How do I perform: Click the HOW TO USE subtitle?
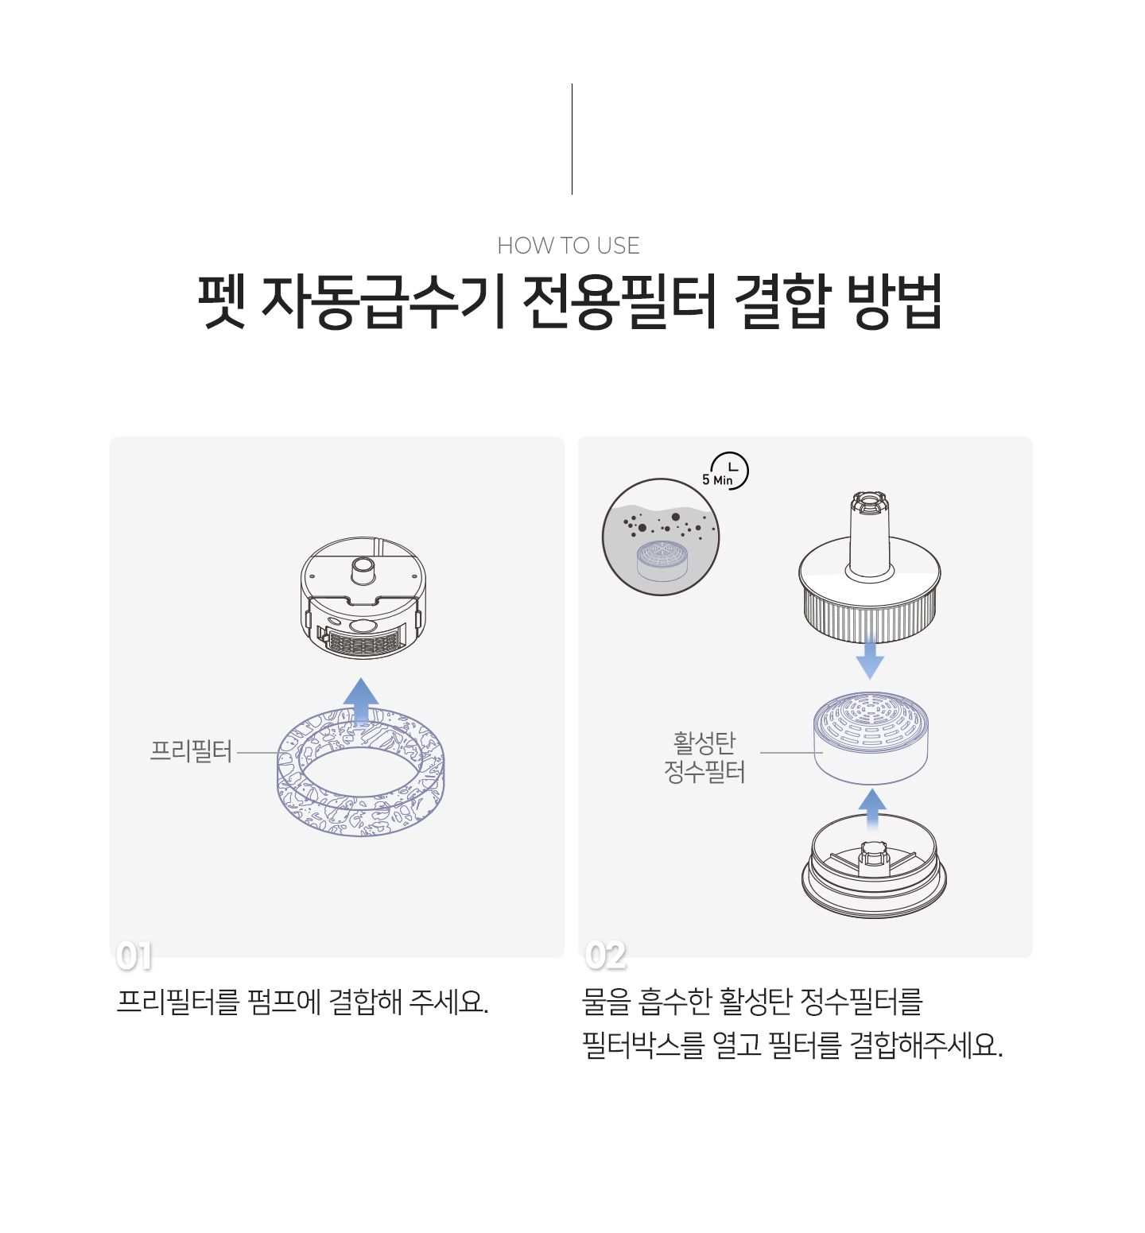click(x=569, y=246)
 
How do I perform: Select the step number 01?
click(x=134, y=956)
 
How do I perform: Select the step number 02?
click(x=605, y=956)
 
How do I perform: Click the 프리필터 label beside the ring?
click(x=191, y=751)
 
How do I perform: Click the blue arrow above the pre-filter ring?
click(x=361, y=702)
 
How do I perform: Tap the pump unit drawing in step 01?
click(x=363, y=598)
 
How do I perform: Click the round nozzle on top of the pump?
click(x=363, y=569)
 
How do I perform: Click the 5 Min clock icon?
click(x=726, y=471)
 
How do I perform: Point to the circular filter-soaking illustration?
click(x=661, y=537)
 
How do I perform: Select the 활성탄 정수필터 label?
click(x=704, y=758)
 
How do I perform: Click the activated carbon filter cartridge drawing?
click(x=871, y=738)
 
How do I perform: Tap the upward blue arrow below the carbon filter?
click(x=873, y=811)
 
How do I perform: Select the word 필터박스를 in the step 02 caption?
click(x=643, y=1045)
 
